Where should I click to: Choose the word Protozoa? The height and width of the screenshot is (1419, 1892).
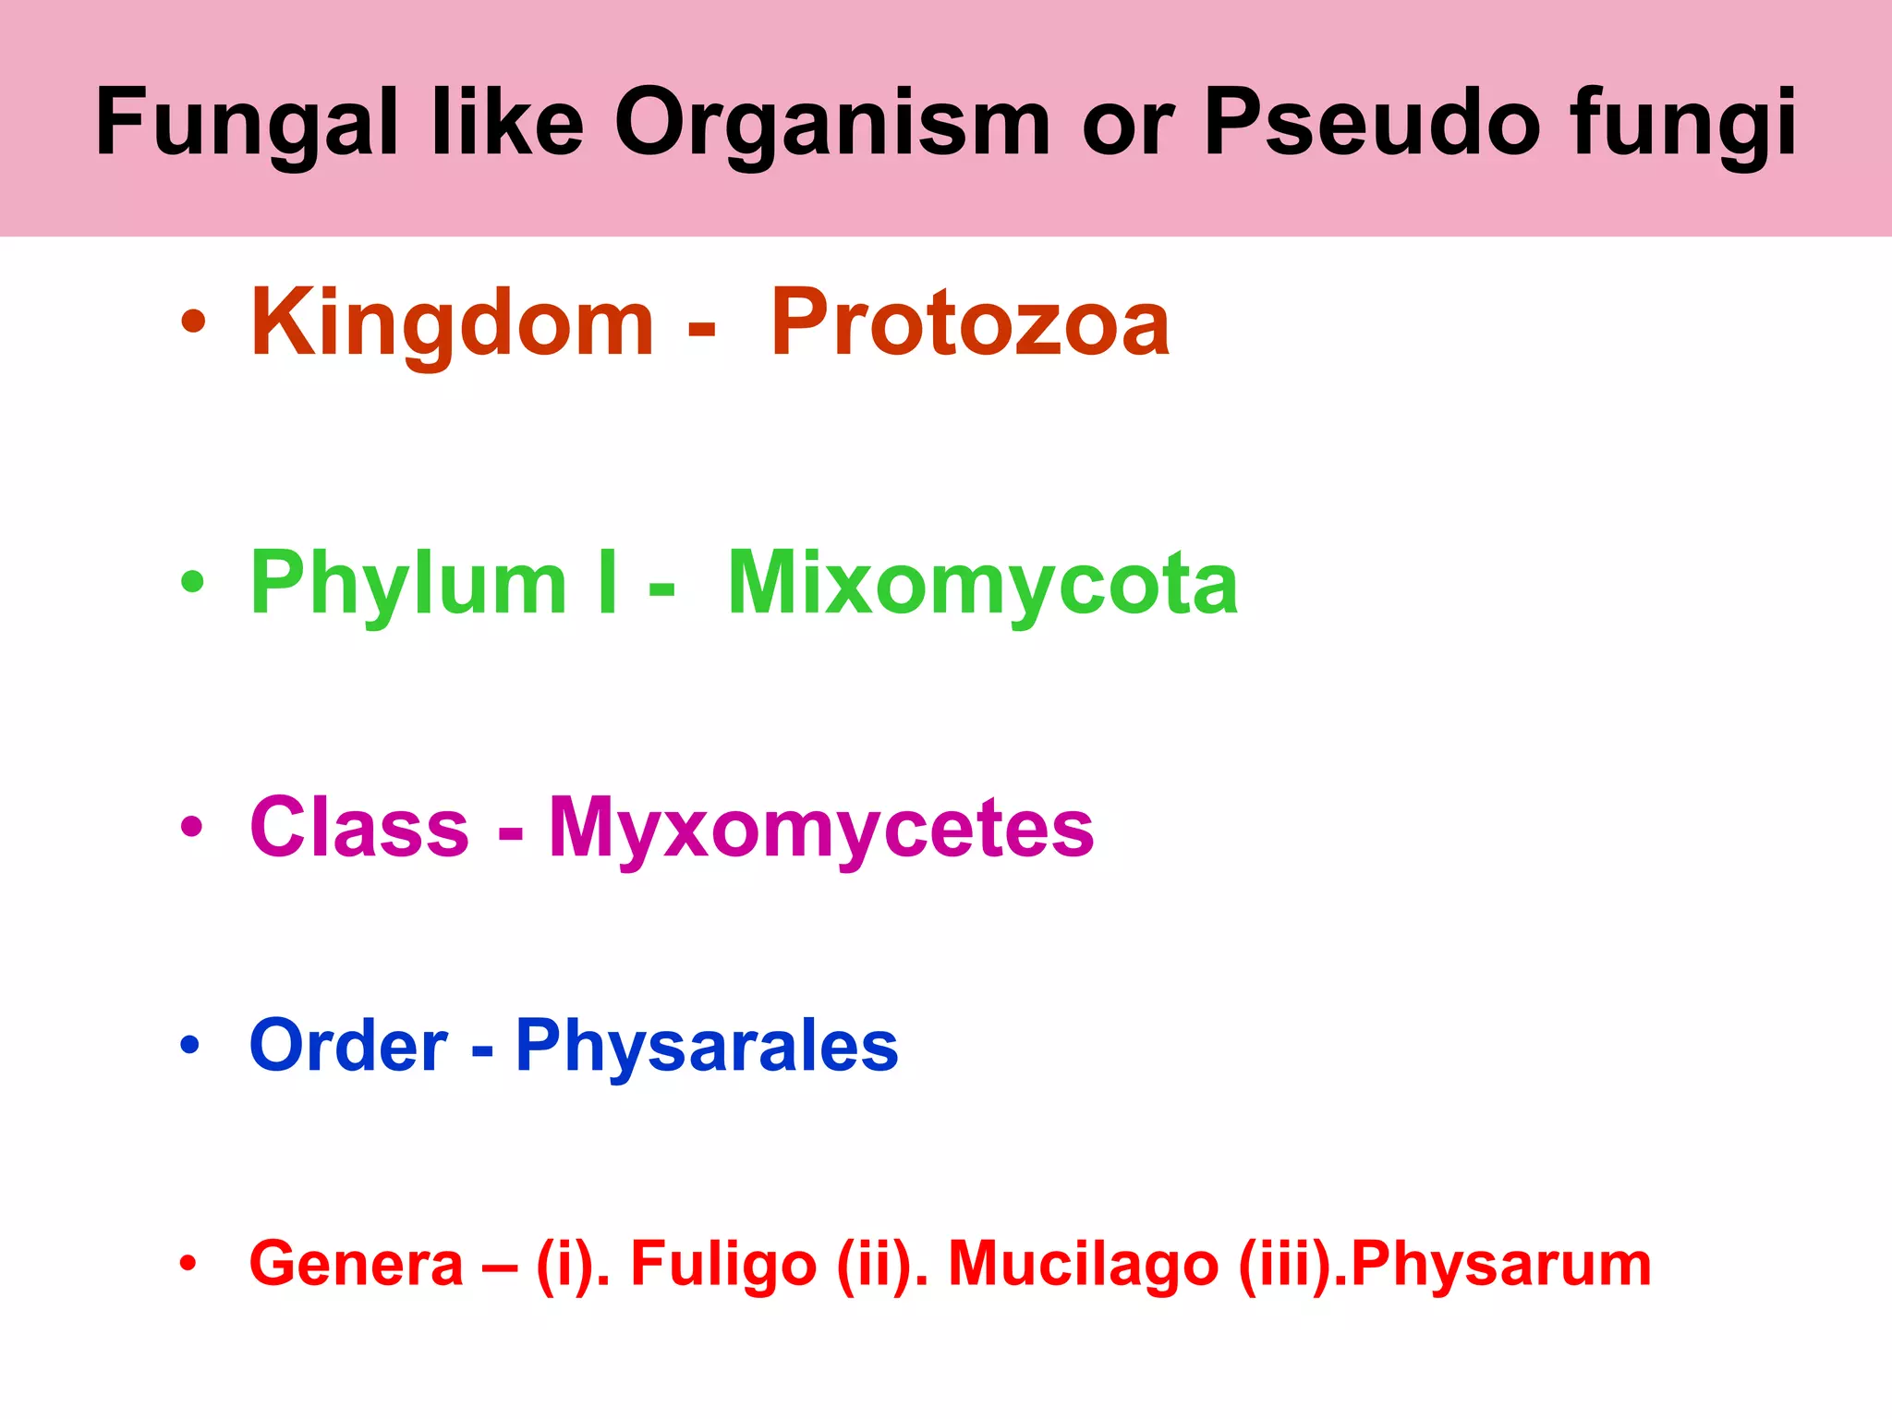pos(970,323)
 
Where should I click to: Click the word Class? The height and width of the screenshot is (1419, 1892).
pos(359,827)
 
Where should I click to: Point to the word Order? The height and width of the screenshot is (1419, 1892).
pos(348,1046)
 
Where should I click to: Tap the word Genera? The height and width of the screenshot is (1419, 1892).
pos(356,1264)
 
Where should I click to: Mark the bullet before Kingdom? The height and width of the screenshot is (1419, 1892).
pos(192,322)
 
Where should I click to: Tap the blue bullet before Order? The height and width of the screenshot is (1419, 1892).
pos(190,1045)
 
